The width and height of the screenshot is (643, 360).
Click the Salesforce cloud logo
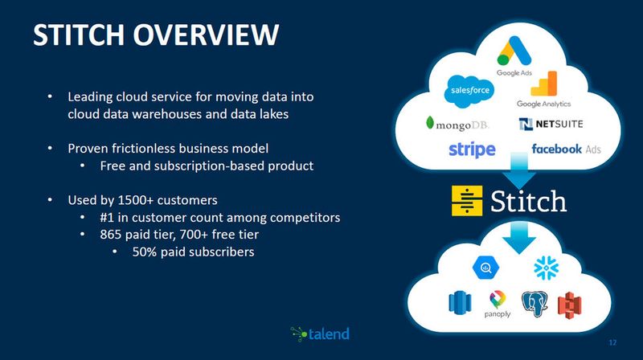click(469, 90)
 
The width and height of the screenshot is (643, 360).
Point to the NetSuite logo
click(551, 125)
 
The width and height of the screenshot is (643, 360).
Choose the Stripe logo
click(472, 149)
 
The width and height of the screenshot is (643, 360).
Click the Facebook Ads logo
click(566, 149)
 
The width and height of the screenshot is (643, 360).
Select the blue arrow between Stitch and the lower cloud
click(520, 235)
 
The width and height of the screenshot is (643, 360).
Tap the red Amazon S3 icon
click(571, 303)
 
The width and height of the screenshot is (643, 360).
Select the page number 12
click(613, 342)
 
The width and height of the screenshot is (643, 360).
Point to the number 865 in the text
click(112, 235)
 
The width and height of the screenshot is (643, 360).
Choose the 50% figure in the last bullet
click(146, 252)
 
